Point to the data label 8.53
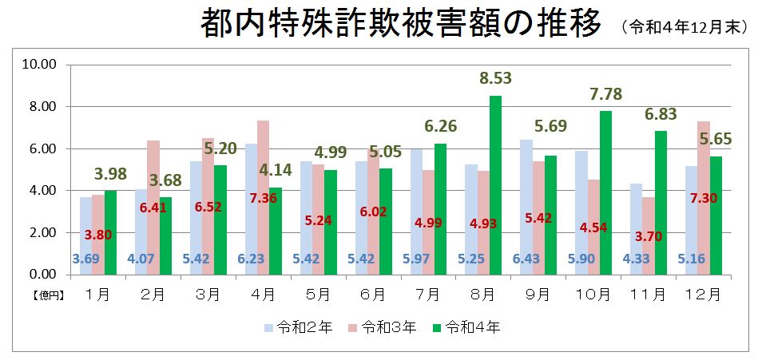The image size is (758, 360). tap(495, 79)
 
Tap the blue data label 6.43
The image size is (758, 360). tap(526, 259)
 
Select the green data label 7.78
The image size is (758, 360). tap(605, 94)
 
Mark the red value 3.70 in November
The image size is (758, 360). tap(649, 236)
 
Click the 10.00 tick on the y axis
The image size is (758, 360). tap(38, 65)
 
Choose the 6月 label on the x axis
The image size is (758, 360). tap(372, 294)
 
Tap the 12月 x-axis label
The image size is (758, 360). tap(703, 294)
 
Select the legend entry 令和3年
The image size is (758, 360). tap(379, 327)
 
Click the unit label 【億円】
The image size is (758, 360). tap(48, 295)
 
